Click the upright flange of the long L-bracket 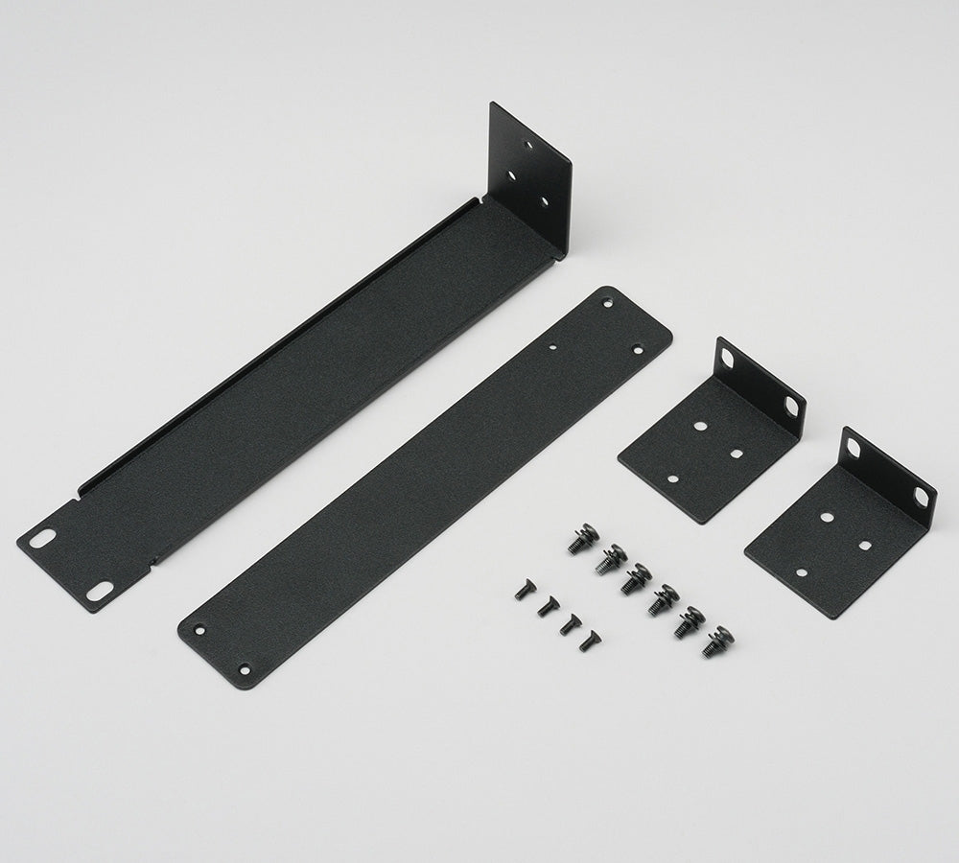click(x=529, y=177)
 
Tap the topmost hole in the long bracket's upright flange click(x=526, y=144)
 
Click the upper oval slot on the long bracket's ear click(x=42, y=539)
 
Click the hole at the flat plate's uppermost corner click(x=607, y=303)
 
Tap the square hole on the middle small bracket click(x=736, y=453)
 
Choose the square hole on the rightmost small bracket click(x=863, y=545)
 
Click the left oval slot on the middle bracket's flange click(x=728, y=359)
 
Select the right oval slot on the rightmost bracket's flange click(x=921, y=497)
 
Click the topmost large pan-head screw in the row click(x=582, y=538)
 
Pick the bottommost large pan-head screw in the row click(x=716, y=641)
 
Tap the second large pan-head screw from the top click(x=609, y=558)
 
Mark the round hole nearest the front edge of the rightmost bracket click(x=801, y=572)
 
